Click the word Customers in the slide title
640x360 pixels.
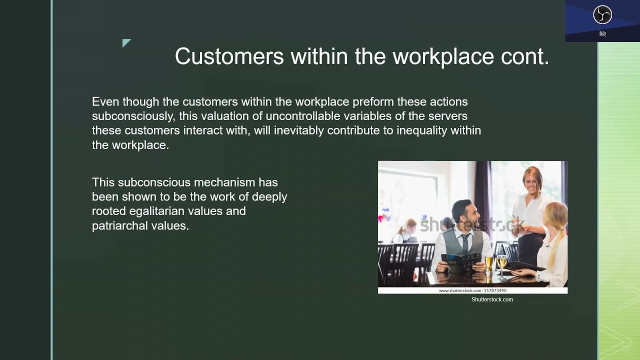coord(229,56)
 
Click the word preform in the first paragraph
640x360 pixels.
coord(373,102)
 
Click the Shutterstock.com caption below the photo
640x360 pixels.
coord(492,299)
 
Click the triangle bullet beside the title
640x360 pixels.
coord(126,43)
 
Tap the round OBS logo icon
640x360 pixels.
coord(602,14)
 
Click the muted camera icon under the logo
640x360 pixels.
coord(602,33)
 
